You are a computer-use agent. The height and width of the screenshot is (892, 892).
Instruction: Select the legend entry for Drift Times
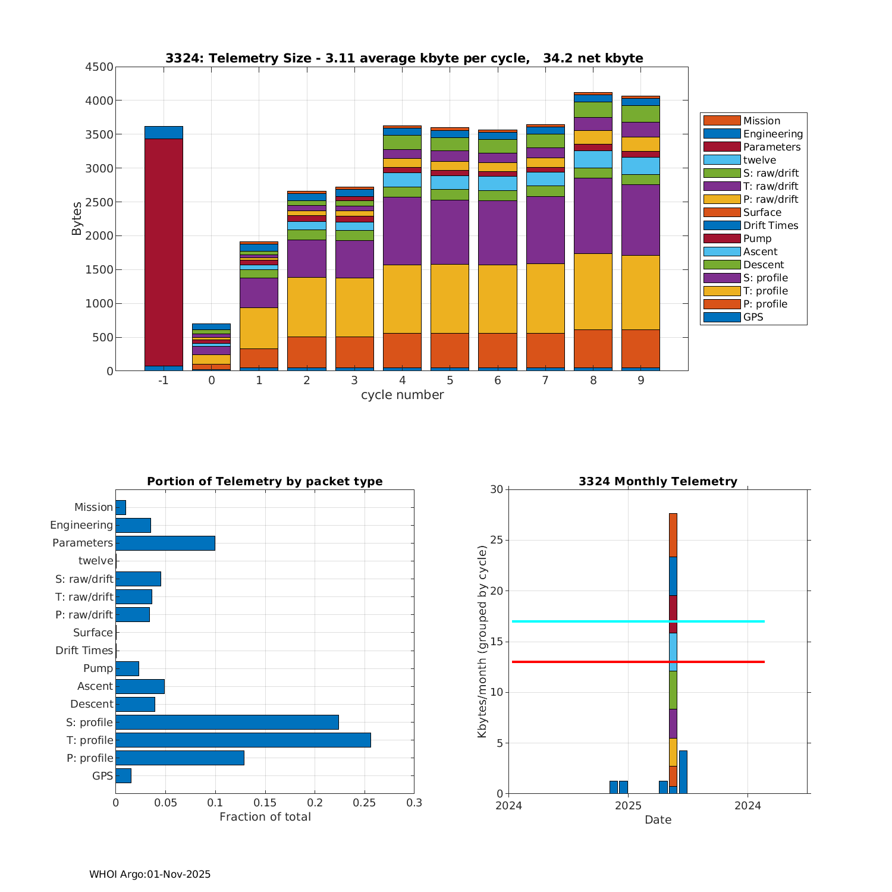(771, 225)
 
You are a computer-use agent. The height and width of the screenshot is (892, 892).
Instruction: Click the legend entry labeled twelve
(759, 160)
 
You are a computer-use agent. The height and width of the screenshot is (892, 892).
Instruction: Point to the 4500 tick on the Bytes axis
(99, 67)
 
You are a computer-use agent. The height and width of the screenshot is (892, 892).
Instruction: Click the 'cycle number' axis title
(402, 395)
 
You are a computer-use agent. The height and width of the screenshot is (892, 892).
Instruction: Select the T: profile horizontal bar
(243, 740)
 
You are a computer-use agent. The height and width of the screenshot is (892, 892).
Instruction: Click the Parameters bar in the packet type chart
(165, 543)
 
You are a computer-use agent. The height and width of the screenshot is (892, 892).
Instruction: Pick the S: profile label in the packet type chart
(89, 722)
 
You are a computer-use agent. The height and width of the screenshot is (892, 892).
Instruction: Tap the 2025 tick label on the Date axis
(628, 806)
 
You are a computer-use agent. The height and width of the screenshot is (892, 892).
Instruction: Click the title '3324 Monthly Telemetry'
(658, 481)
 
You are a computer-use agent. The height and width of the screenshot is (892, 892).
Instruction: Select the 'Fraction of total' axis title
(265, 817)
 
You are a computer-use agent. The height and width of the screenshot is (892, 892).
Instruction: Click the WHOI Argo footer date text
(150, 874)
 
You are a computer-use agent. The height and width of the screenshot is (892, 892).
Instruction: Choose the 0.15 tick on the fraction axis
(265, 803)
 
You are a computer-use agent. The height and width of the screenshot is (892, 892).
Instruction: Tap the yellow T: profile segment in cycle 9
(640, 293)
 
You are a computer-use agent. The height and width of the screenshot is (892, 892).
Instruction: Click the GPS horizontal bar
(123, 775)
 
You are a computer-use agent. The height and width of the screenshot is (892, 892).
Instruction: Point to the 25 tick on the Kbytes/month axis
(497, 541)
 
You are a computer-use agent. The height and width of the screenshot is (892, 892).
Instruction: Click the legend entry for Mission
(761, 121)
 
